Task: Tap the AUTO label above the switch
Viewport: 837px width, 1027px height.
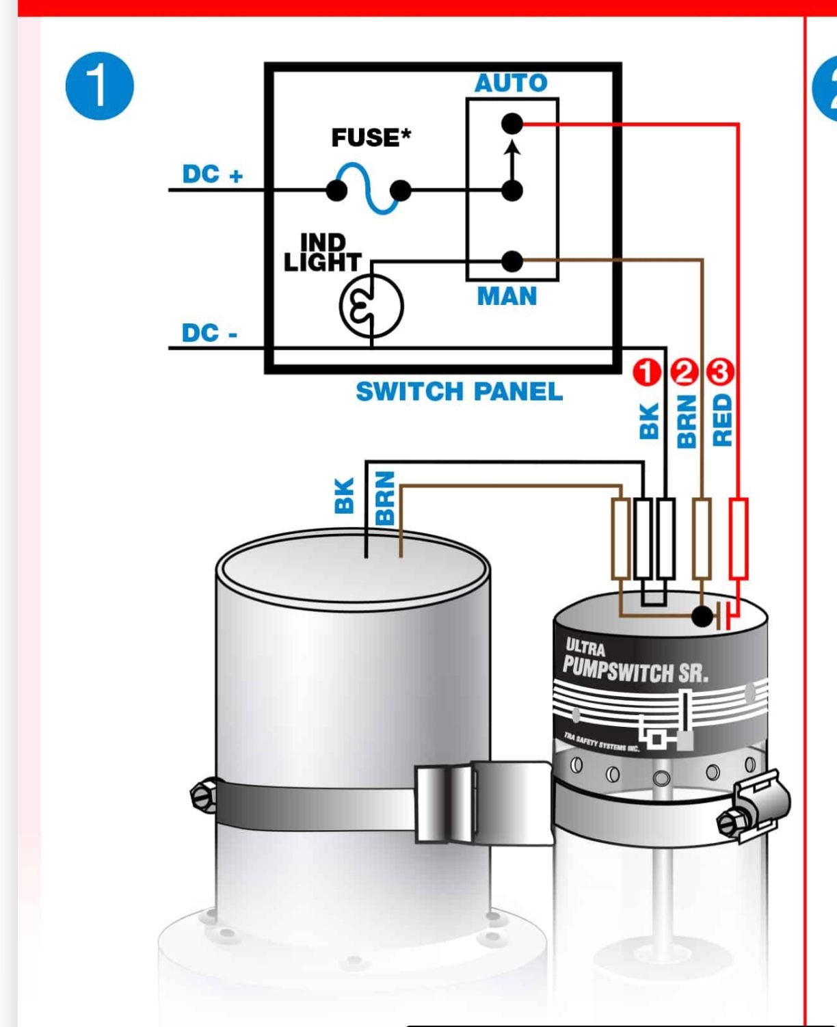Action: (x=511, y=83)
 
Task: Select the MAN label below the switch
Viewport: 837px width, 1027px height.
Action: (x=507, y=297)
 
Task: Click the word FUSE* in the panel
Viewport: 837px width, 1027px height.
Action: (x=371, y=137)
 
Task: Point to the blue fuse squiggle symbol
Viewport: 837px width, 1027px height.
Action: (x=369, y=188)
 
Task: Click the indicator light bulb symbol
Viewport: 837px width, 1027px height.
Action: (x=371, y=306)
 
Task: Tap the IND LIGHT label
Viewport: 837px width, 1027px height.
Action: (x=322, y=252)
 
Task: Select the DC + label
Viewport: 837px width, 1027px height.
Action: (x=212, y=174)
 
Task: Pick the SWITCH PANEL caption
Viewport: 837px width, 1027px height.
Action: (x=459, y=392)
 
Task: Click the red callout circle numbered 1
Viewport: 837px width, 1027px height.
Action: (x=646, y=372)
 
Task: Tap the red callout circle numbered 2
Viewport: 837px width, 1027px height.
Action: (x=683, y=372)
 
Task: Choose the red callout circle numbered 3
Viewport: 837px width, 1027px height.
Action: (x=719, y=372)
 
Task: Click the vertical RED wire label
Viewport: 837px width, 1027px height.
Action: (x=722, y=420)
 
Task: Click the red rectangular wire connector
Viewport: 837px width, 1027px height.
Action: (x=738, y=539)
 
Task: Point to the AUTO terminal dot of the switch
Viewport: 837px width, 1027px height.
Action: (x=511, y=124)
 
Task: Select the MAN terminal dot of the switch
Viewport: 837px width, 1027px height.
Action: (x=511, y=261)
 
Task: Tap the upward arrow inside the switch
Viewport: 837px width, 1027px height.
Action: (x=511, y=157)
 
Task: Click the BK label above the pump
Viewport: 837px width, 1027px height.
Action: (x=345, y=495)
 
